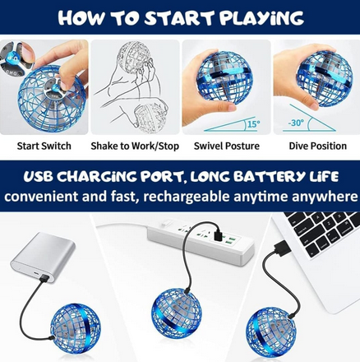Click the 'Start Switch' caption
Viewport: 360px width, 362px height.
point(44,146)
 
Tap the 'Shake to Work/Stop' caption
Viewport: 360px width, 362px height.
point(135,146)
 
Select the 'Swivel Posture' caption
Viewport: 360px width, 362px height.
point(227,146)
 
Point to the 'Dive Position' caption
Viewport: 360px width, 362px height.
point(318,146)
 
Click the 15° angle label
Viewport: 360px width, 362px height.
point(254,124)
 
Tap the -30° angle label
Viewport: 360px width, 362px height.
point(296,123)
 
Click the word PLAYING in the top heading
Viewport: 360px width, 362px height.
point(262,18)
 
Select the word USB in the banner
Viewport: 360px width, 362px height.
point(38,177)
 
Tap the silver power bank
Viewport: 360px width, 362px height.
point(43,257)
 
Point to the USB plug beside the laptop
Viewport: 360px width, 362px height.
point(283,248)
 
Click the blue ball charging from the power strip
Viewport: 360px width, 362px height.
point(177,313)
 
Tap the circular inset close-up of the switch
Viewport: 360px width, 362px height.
point(17,58)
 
